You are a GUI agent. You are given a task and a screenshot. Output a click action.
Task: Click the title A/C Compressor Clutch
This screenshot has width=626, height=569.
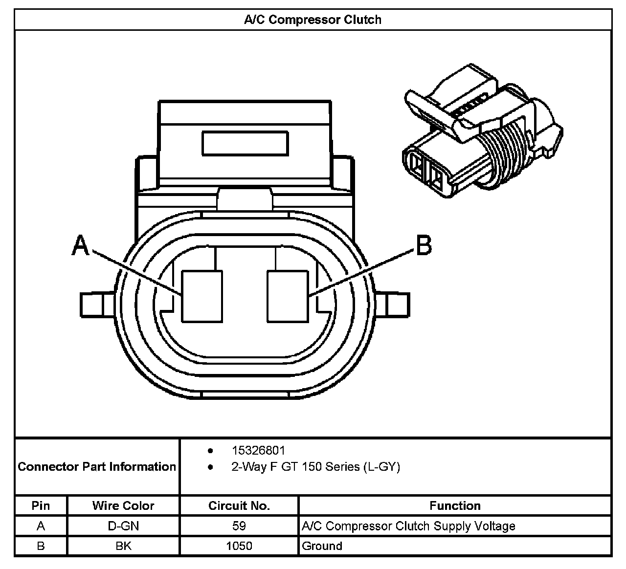click(313, 20)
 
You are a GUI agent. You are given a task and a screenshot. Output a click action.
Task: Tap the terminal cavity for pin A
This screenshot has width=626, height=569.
click(201, 296)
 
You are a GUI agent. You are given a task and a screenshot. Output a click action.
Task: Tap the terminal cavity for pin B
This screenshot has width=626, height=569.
click(288, 296)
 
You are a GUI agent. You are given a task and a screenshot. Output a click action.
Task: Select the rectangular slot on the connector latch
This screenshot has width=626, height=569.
click(245, 144)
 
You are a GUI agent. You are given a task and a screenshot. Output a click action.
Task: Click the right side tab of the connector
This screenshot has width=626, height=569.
click(394, 305)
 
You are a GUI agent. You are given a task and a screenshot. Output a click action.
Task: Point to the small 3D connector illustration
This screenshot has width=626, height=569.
click(482, 132)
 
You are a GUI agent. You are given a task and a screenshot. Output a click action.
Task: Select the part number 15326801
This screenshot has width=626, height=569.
click(258, 450)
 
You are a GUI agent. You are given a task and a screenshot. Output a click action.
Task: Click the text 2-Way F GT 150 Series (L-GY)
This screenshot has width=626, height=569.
click(315, 467)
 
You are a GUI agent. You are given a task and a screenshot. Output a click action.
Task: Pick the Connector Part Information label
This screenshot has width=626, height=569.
click(97, 466)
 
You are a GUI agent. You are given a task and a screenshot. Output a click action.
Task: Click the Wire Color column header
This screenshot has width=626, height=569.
click(123, 505)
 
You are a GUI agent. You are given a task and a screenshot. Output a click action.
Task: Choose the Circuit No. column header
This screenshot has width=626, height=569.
click(239, 505)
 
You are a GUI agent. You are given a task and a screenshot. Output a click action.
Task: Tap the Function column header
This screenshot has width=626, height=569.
click(455, 505)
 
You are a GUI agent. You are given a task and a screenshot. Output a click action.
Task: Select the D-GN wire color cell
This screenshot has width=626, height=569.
click(123, 526)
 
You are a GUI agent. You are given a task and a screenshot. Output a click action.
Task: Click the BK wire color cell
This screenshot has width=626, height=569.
click(123, 546)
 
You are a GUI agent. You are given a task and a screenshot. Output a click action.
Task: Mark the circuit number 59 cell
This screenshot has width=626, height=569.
click(239, 526)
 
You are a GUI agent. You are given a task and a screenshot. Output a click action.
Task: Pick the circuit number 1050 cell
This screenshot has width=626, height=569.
click(239, 546)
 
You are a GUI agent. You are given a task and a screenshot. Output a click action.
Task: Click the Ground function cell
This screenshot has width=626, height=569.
click(322, 546)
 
